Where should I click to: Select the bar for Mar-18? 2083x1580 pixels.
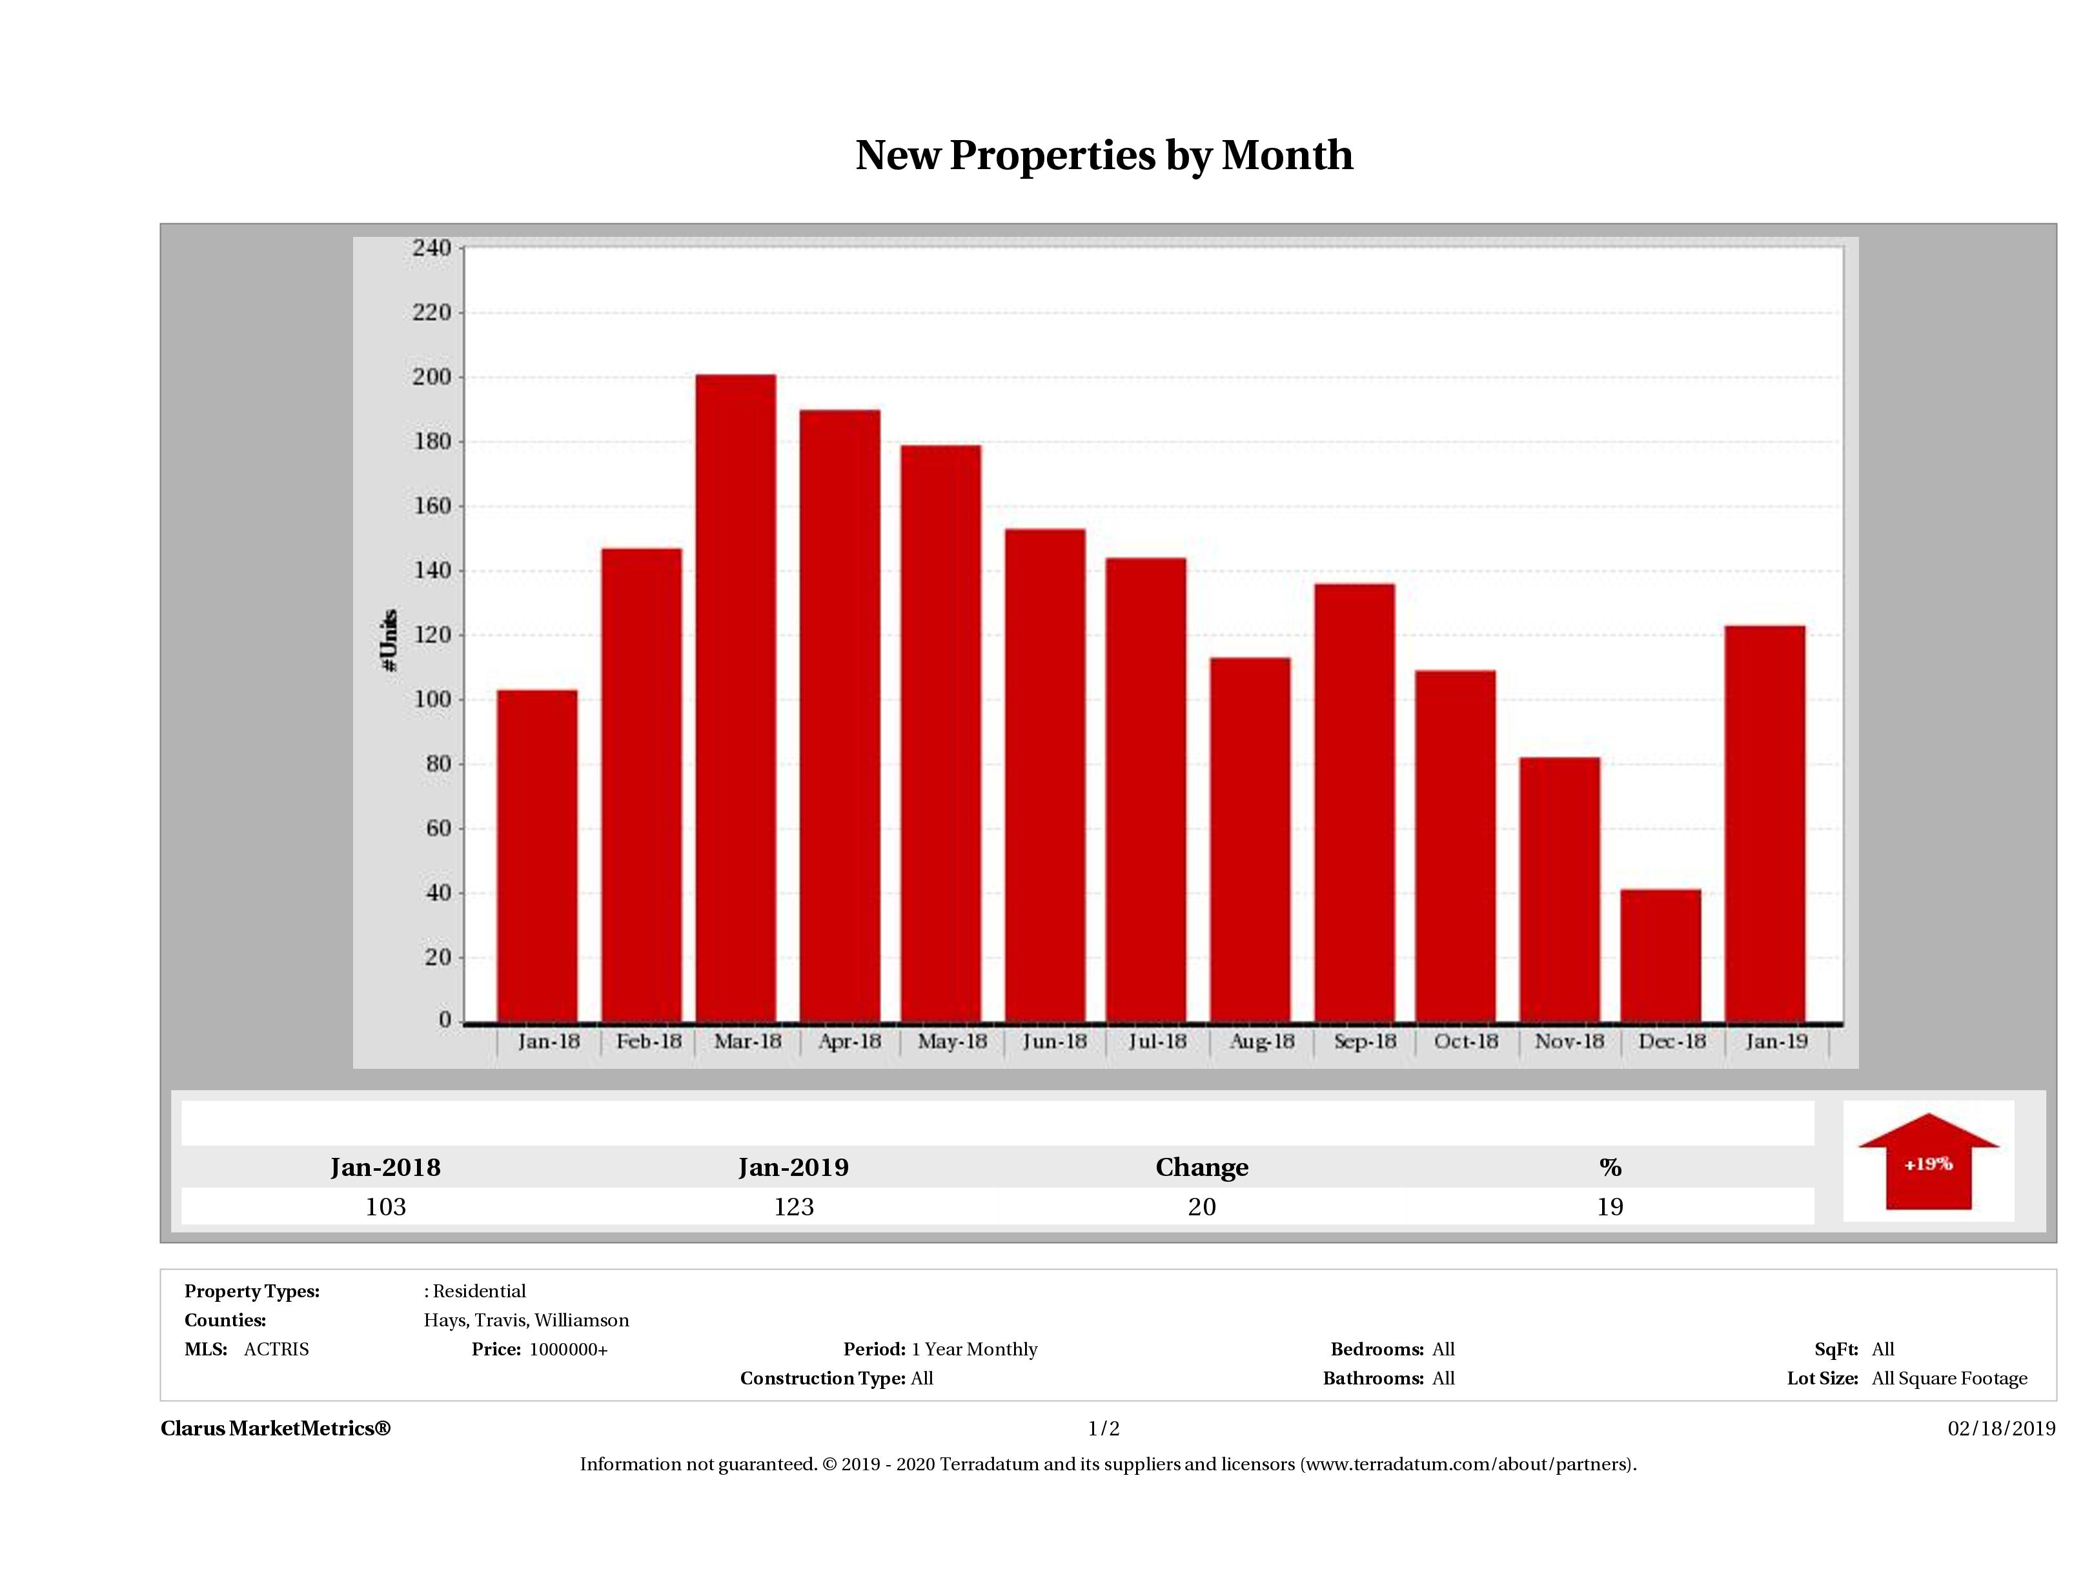point(737,698)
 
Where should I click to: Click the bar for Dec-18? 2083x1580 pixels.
point(1661,956)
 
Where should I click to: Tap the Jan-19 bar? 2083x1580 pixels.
point(1765,824)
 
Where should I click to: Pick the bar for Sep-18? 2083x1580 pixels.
point(1355,803)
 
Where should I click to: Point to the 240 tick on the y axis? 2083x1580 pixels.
point(431,248)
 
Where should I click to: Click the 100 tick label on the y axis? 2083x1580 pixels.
point(431,700)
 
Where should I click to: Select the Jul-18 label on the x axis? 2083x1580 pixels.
point(1157,1042)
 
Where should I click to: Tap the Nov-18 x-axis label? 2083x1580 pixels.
point(1569,1042)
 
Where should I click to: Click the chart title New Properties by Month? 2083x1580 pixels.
point(1104,156)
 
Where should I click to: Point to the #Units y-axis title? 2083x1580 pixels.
point(389,640)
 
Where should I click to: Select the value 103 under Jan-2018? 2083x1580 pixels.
point(385,1207)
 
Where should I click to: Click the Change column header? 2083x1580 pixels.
point(1202,1168)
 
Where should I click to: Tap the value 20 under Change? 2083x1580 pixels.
point(1202,1207)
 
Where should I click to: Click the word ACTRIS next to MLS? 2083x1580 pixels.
point(276,1350)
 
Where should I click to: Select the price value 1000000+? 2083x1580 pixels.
point(568,1350)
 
